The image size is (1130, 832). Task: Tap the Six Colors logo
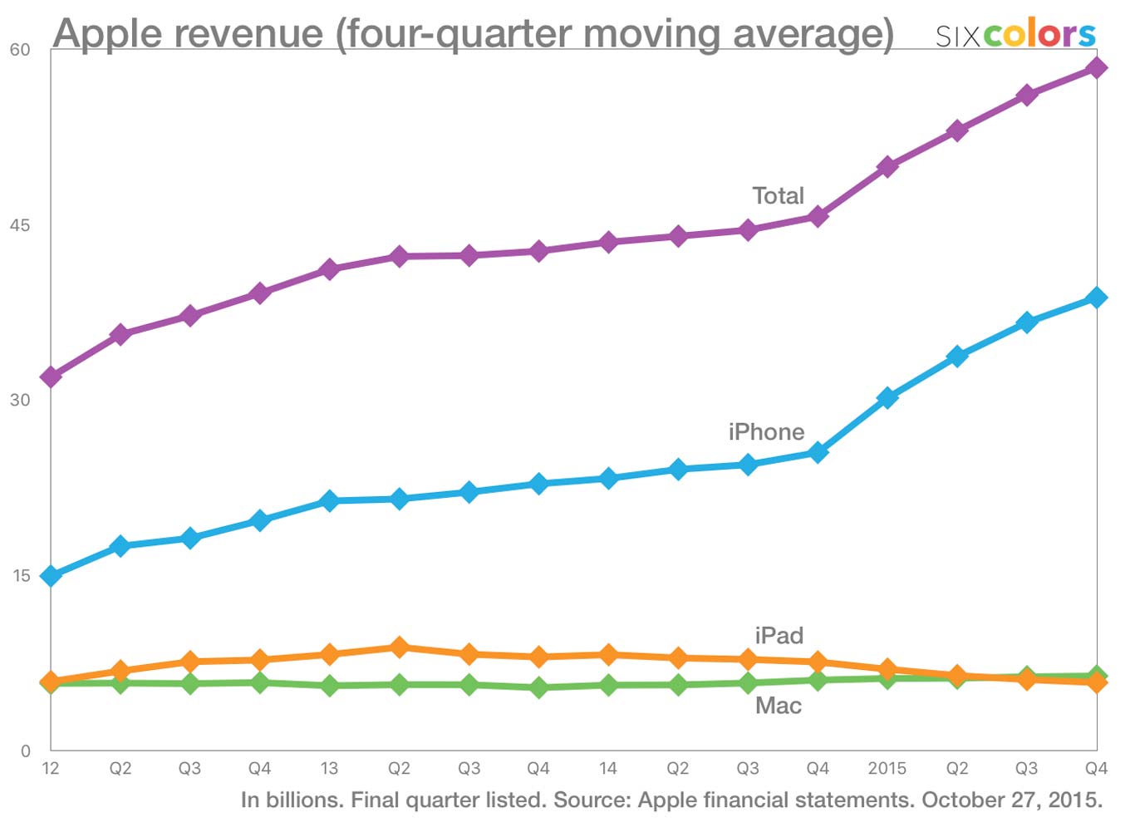(1015, 35)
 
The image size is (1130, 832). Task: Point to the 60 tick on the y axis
(20, 50)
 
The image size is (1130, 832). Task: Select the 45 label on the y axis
(20, 225)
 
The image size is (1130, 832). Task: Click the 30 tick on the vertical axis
(20, 400)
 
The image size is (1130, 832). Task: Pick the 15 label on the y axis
(20, 575)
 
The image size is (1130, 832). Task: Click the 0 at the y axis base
(25, 751)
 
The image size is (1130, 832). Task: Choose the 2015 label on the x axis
(887, 769)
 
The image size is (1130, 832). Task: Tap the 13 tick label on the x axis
(329, 769)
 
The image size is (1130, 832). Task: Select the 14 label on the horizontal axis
(608, 769)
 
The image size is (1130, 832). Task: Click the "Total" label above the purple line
(778, 196)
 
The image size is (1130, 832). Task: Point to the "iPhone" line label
(766, 432)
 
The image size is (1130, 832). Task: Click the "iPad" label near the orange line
(779, 636)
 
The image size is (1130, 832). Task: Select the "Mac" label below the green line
(779, 706)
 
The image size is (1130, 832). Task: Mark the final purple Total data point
(1097, 68)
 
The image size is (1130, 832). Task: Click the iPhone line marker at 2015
(887, 398)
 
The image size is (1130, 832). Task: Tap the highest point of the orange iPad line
(399, 647)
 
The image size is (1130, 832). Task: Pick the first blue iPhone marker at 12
(51, 576)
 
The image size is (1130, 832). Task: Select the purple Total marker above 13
(329, 269)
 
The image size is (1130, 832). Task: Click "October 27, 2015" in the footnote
(1012, 800)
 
